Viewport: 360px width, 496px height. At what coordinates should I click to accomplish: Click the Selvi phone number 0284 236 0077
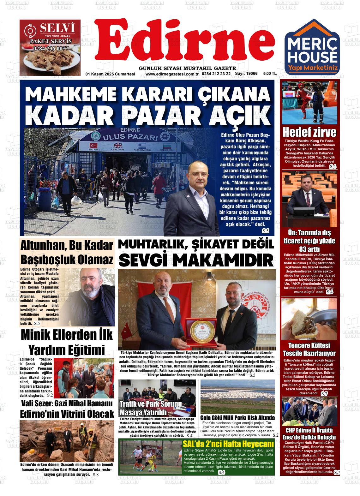pyautogui.click(x=51, y=49)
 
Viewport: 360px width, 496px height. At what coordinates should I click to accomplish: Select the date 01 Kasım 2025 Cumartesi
pyautogui.click(x=110, y=74)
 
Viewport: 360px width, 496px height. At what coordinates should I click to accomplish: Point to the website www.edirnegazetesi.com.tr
pyautogui.click(x=171, y=74)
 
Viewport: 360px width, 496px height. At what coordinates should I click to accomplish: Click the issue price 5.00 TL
pyautogui.click(x=270, y=74)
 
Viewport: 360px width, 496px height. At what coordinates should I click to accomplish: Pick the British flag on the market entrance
pyautogui.click(x=118, y=146)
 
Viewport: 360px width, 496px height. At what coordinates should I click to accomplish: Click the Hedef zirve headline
pyautogui.click(x=309, y=132)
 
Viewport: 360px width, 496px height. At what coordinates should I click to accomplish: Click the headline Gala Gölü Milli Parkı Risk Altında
pyautogui.click(x=237, y=417)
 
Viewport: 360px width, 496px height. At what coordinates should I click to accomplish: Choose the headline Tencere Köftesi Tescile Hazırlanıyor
pyautogui.click(x=309, y=349)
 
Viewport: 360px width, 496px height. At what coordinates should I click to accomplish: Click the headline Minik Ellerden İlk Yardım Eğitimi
pyautogui.click(x=67, y=342)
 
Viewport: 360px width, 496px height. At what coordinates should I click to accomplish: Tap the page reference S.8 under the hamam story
pyautogui.click(x=96, y=475)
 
